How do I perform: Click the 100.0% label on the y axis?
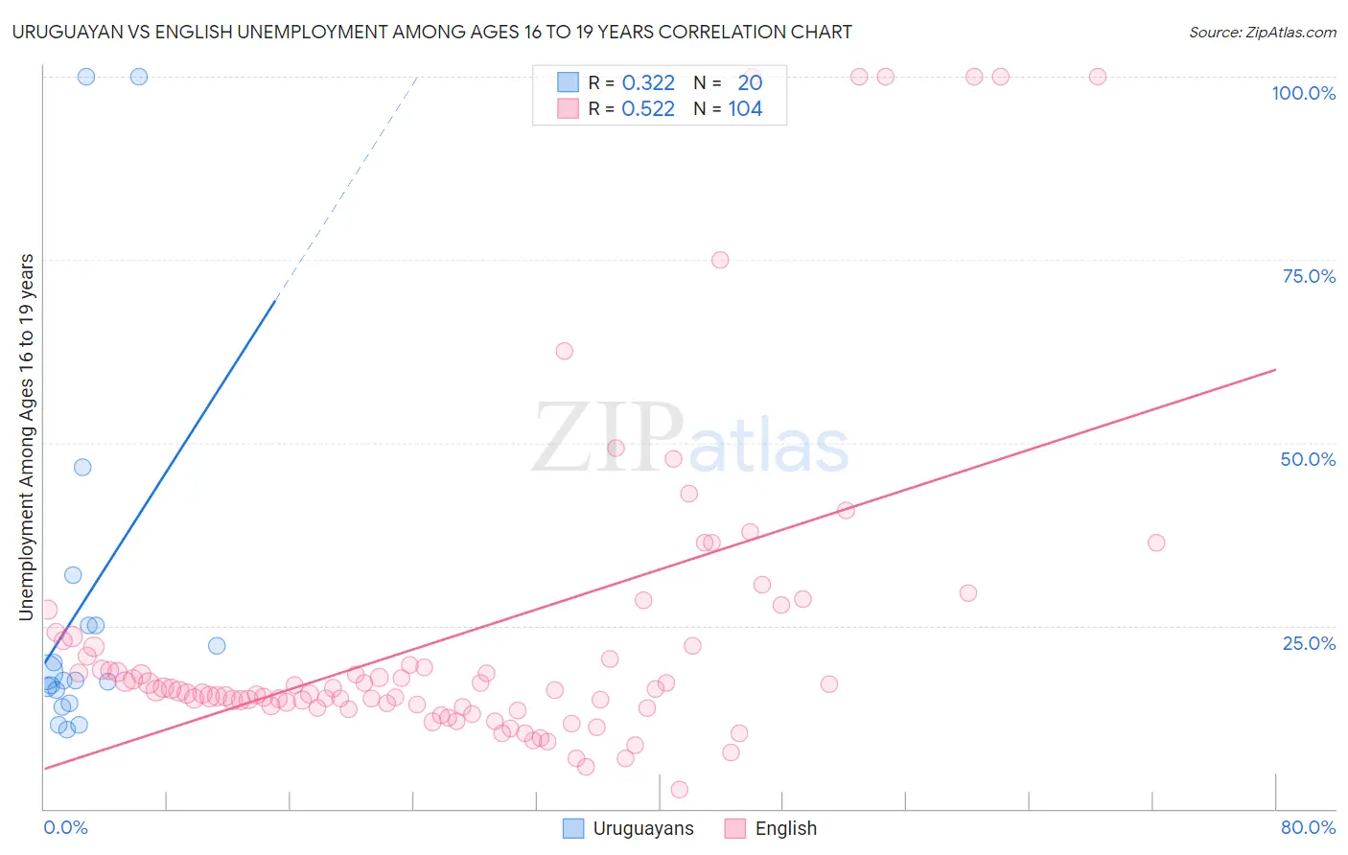pyautogui.click(x=1303, y=93)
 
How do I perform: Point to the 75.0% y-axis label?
pyautogui.click(x=1309, y=276)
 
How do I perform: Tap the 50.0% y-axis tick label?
pyautogui.click(x=1308, y=459)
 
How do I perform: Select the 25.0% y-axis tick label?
pyautogui.click(x=1309, y=642)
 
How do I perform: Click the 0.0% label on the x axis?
pyautogui.click(x=65, y=827)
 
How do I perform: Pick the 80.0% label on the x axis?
pyautogui.click(x=1308, y=827)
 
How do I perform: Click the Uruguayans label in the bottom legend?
pyautogui.click(x=642, y=828)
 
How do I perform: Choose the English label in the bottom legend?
pyautogui.click(x=785, y=828)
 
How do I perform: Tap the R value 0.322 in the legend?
pyautogui.click(x=648, y=82)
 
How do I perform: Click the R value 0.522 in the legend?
pyautogui.click(x=648, y=108)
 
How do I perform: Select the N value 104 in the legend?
pyautogui.click(x=745, y=108)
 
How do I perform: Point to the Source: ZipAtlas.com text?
pyautogui.click(x=1262, y=32)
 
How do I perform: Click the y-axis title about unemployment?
pyautogui.click(x=27, y=437)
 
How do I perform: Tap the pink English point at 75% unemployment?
pyautogui.click(x=720, y=260)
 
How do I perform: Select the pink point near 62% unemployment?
pyautogui.click(x=564, y=351)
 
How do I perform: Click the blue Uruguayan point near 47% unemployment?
pyautogui.click(x=82, y=467)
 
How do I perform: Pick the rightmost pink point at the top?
pyautogui.click(x=1098, y=77)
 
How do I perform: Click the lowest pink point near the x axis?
pyautogui.click(x=679, y=789)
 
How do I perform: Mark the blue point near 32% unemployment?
pyautogui.click(x=73, y=575)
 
